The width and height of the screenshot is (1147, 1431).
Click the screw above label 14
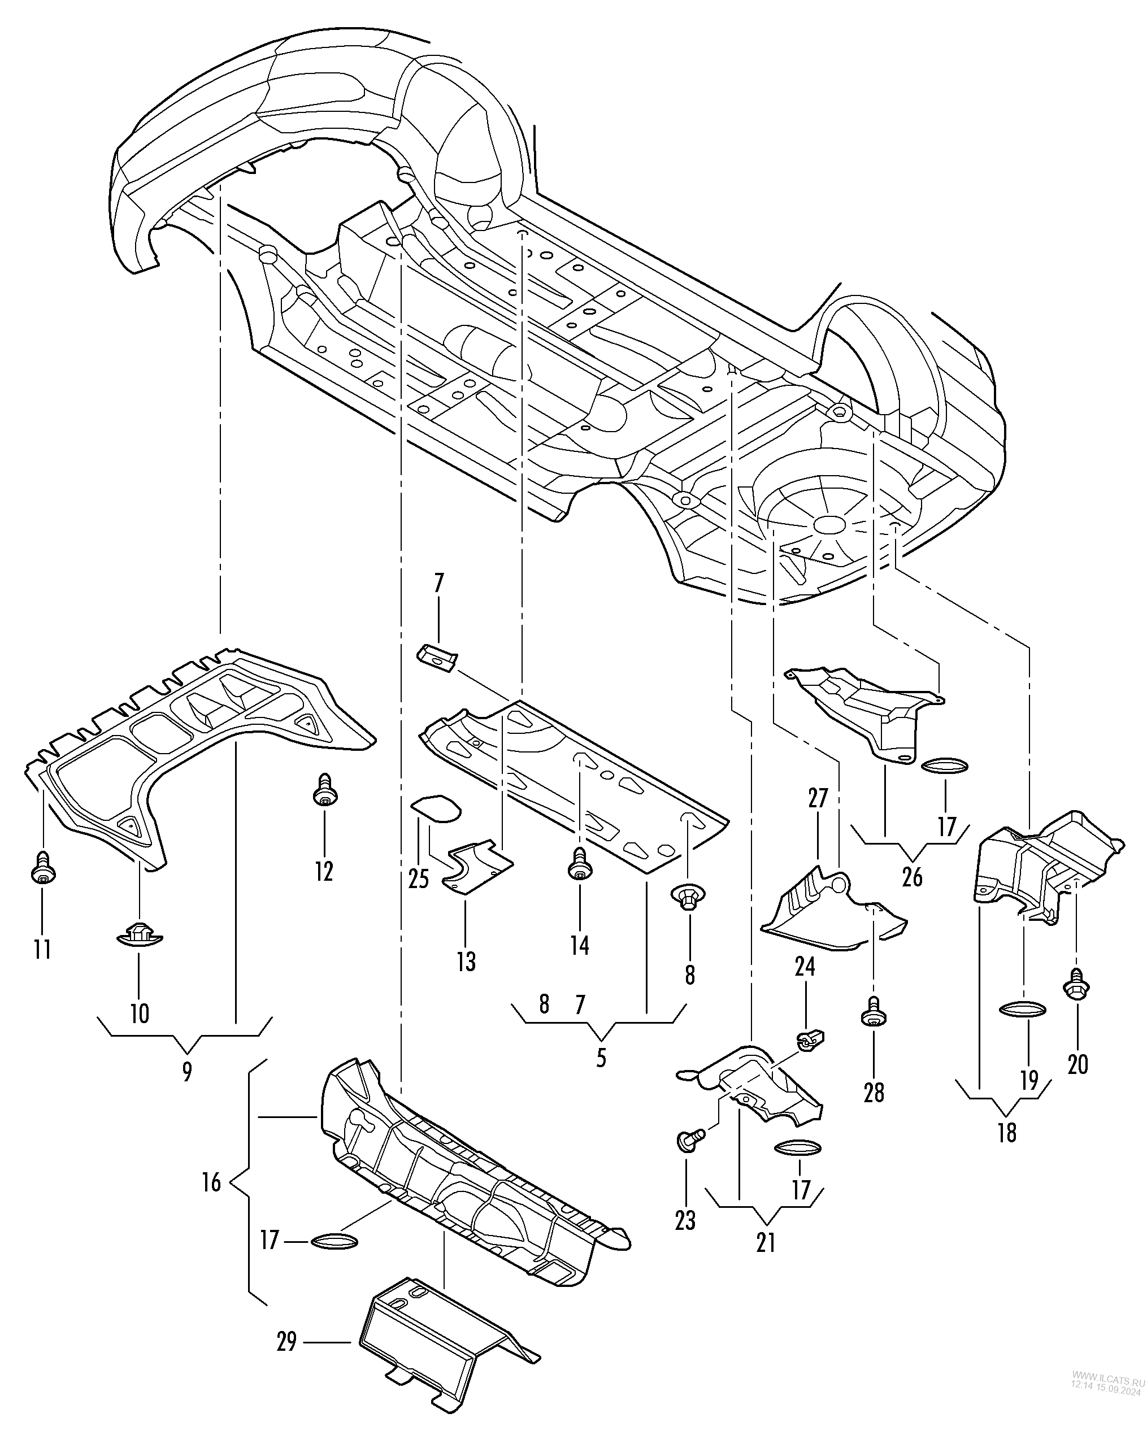(580, 863)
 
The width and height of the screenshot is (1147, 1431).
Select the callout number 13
(466, 961)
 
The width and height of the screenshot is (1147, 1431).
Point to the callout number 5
(601, 1058)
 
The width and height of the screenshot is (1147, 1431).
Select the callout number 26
(913, 877)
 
